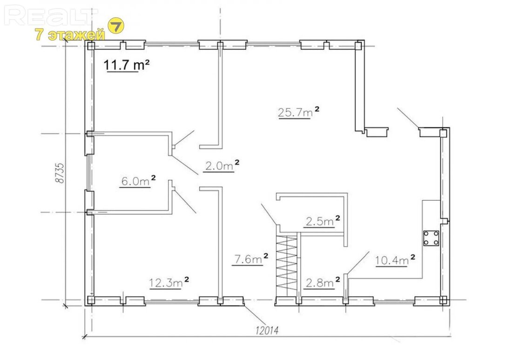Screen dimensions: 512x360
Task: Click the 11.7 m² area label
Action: click(127, 65)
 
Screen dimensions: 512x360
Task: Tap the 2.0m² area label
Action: click(222, 166)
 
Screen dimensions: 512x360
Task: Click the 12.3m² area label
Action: click(169, 283)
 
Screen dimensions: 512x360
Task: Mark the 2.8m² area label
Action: click(323, 282)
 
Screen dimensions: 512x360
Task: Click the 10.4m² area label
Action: click(395, 260)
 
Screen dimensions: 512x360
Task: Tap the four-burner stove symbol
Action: click(431, 238)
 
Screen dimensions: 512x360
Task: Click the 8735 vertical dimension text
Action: click(60, 173)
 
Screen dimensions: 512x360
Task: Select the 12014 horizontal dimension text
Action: click(268, 331)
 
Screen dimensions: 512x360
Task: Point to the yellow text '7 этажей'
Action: click(70, 34)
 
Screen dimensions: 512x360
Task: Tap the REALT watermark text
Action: click(49, 16)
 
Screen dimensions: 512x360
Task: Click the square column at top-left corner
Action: click(90, 46)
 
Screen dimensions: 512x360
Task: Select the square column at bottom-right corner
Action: click(443, 299)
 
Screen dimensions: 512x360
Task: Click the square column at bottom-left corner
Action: click(90, 299)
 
